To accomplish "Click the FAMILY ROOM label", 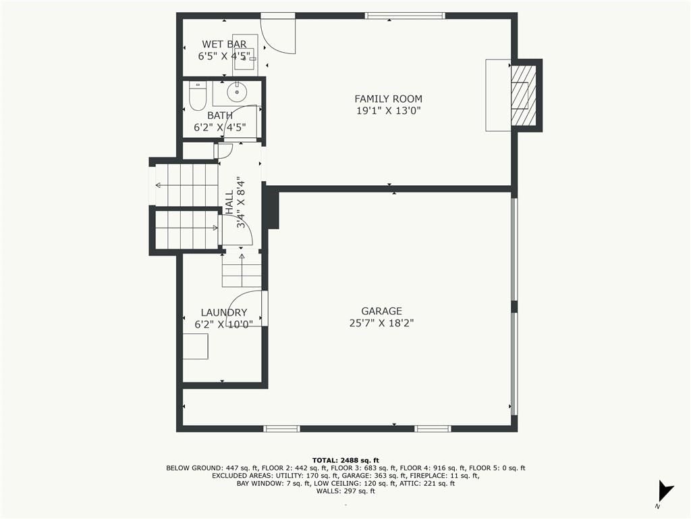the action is pos(388,99).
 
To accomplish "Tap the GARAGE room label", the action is pos(382,311).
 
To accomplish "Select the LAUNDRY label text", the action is pos(224,312).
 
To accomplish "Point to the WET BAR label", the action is pos(224,44).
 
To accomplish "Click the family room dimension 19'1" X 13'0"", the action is pos(388,110).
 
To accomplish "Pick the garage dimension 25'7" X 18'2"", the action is pos(382,323).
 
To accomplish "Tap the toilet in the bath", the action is pos(197,96).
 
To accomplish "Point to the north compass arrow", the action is pos(665,491).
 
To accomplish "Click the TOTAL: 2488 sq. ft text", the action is pos(345,460).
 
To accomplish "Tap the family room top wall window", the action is pos(405,16).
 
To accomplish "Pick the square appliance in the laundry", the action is pos(196,347).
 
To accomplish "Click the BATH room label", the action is pos(220,116).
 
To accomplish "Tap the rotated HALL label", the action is pos(229,202).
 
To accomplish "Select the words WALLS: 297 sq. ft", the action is pos(345,491).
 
